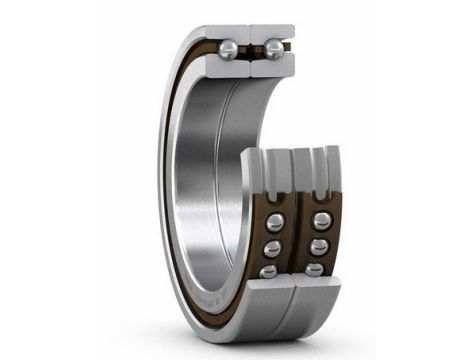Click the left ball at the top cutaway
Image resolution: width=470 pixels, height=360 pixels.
[229, 48]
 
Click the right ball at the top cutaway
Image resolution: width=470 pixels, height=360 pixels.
[273, 48]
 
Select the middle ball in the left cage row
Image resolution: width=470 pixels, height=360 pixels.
[272, 247]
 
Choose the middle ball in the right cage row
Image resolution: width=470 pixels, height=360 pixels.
[318, 247]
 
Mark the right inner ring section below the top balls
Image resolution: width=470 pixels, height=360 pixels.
[272, 67]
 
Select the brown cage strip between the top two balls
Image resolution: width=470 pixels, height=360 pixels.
[251, 47]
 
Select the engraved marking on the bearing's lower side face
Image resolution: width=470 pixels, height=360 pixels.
[214, 290]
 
